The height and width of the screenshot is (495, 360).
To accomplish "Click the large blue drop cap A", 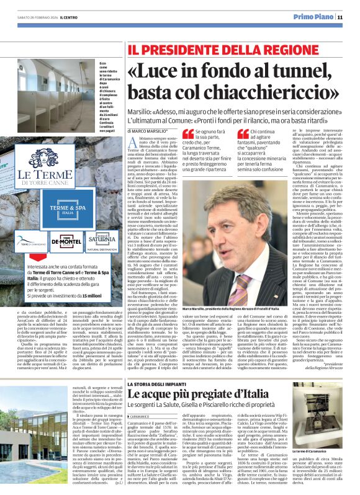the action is [132, 144].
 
